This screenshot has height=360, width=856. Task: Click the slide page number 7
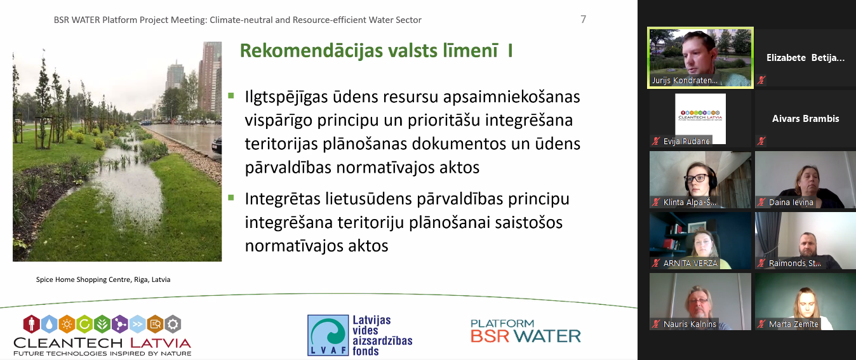[x=583, y=19]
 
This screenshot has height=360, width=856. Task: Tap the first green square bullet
[x=231, y=95]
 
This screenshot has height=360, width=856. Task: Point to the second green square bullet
[x=231, y=197]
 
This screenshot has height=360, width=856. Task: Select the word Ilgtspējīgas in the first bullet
[x=286, y=97]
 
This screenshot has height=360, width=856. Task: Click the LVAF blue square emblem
[x=328, y=335]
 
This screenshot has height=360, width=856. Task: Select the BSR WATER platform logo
[x=525, y=331]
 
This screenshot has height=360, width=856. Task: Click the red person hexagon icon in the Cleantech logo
[x=31, y=324]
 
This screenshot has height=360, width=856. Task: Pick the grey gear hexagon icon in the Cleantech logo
[x=173, y=324]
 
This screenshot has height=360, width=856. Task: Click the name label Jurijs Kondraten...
[x=685, y=80]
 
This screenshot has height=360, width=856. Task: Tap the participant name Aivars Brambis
[x=806, y=119]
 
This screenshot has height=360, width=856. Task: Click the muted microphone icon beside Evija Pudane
[x=656, y=141]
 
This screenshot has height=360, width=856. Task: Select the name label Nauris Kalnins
[x=690, y=324]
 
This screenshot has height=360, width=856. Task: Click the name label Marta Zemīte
[x=793, y=324]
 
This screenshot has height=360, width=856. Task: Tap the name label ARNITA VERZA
[x=690, y=263]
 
